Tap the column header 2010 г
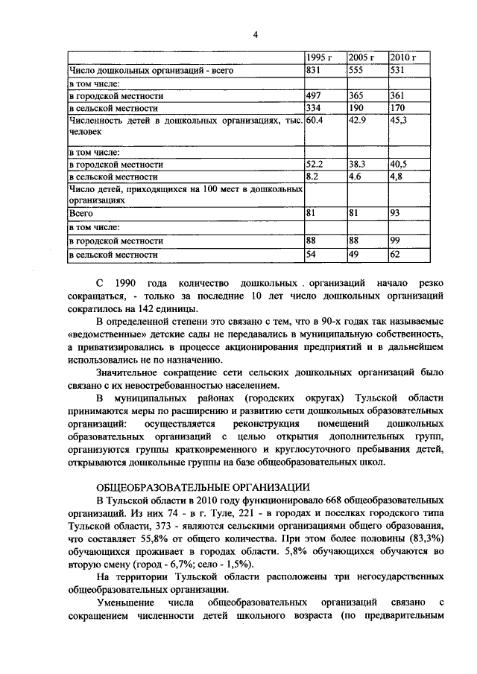tap(402, 58)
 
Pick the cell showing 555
tap(356, 70)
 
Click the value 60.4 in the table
tap(316, 121)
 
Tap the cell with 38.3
tap(358, 165)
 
